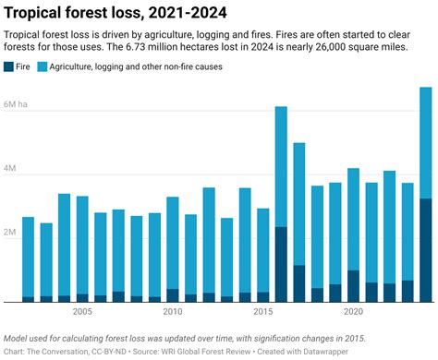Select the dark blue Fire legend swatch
click(x=9, y=66)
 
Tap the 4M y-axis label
click(x=13, y=169)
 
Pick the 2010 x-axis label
click(x=172, y=312)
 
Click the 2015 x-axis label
click(x=262, y=312)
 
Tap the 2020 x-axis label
click(x=352, y=312)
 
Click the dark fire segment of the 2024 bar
click(x=425, y=249)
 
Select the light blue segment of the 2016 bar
click(x=281, y=166)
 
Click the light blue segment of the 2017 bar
click(x=298, y=203)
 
